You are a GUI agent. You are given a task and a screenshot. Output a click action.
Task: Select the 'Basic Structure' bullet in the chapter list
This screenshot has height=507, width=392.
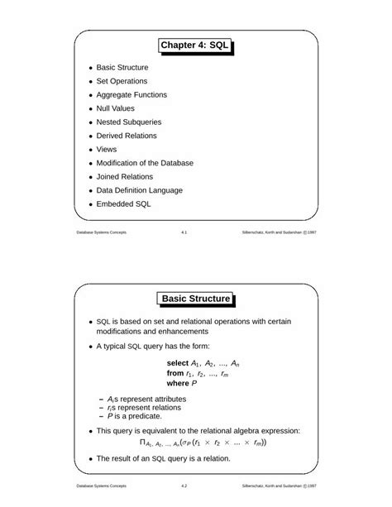pyautogui.click(x=122, y=67)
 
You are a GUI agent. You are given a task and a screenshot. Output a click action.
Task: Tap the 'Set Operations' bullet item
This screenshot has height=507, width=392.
pyautogui.click(x=122, y=81)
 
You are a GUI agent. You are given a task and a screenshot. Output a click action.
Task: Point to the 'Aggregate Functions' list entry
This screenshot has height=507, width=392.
pyautogui.click(x=131, y=95)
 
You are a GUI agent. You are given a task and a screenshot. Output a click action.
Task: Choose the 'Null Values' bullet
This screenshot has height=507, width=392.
pyautogui.click(x=116, y=108)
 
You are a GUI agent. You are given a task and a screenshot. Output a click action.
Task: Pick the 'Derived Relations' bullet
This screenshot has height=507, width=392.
pyautogui.click(x=127, y=136)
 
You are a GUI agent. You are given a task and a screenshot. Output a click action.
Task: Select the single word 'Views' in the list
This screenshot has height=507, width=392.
pyautogui.click(x=107, y=150)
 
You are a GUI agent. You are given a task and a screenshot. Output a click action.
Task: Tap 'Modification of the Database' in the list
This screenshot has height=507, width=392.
pyautogui.click(x=145, y=163)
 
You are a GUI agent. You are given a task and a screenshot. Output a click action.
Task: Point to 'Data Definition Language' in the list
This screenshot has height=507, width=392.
pyautogui.click(x=139, y=190)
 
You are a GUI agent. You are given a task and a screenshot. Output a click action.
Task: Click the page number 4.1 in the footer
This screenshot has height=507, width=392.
pyautogui.click(x=184, y=233)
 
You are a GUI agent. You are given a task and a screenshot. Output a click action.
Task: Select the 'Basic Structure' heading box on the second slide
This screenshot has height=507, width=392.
pyautogui.click(x=195, y=299)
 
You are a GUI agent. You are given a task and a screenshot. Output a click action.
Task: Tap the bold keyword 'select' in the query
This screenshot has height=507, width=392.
pyautogui.click(x=178, y=363)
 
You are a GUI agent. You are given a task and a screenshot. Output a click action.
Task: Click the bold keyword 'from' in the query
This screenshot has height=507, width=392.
pyautogui.click(x=174, y=373)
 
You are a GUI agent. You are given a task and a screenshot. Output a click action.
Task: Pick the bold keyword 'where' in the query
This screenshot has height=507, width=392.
pyautogui.click(x=178, y=384)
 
